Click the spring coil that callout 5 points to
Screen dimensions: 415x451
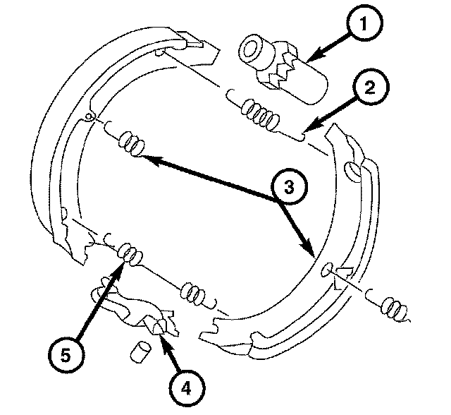(128, 252)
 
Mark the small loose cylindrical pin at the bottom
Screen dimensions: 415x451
(140, 351)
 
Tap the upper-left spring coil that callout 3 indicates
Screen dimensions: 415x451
(131, 143)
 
